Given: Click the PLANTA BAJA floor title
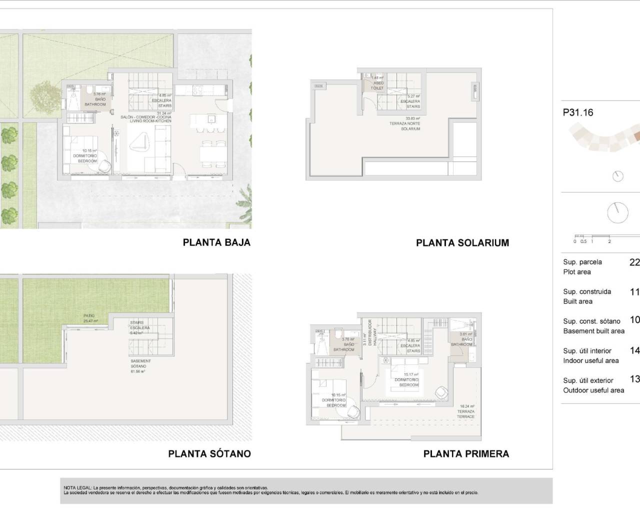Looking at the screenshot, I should [x=216, y=242].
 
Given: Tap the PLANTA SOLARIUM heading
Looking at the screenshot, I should [x=462, y=243].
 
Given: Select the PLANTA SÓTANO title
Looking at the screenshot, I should [x=209, y=454].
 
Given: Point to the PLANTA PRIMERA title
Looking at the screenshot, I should [x=466, y=454].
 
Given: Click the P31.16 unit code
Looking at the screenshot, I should [x=578, y=112].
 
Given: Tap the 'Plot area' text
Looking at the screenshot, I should [x=577, y=272].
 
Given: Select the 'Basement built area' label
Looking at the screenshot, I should [x=593, y=331].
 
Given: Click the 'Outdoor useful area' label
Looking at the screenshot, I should [x=593, y=390].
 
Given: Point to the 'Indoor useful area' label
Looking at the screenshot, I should [x=591, y=360].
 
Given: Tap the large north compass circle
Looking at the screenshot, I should [x=617, y=212].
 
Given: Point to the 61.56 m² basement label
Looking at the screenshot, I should [x=138, y=366].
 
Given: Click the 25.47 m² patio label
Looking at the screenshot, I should [x=90, y=318].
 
